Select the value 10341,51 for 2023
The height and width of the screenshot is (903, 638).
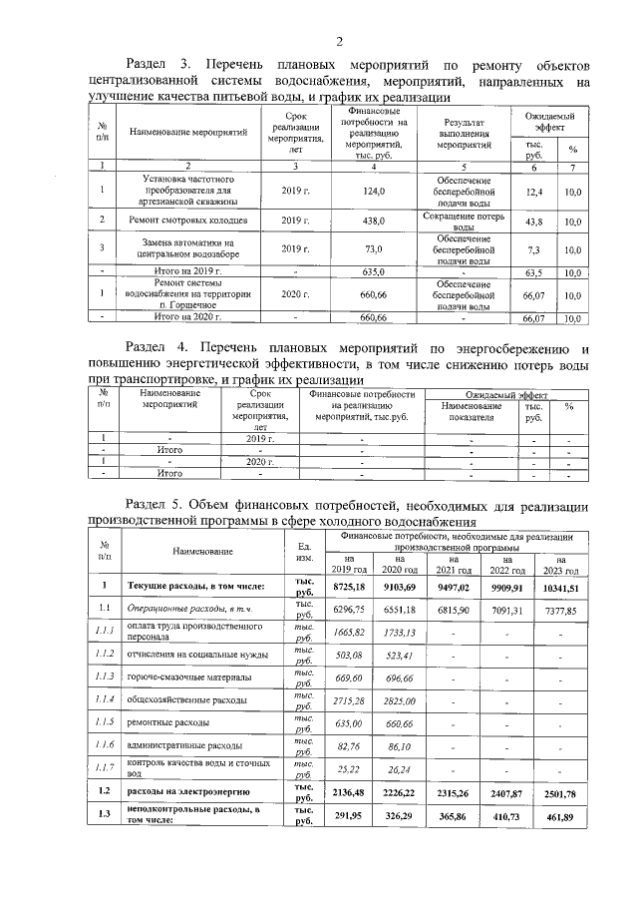[560, 588]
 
